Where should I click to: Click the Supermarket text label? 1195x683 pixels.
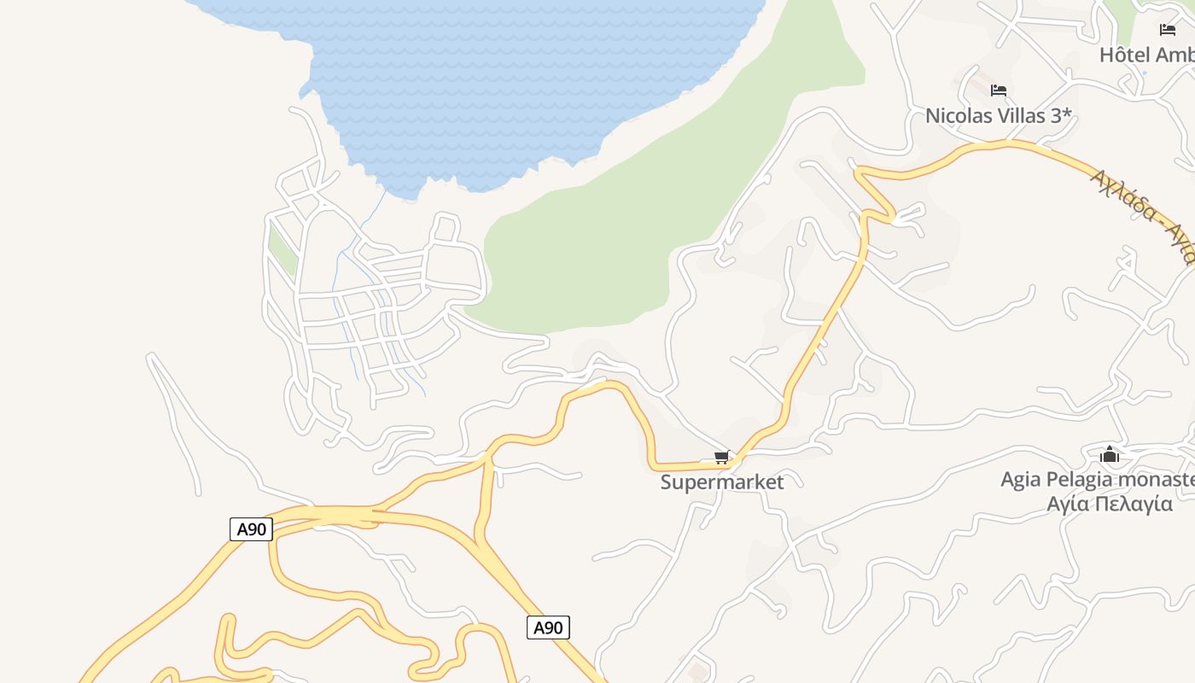721,482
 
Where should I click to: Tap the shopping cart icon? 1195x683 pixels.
722,458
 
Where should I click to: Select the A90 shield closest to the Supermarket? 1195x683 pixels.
547,628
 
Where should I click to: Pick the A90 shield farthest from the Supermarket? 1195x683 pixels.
251,529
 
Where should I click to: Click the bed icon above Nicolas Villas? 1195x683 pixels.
999,90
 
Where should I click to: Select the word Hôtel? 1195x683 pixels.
1124,55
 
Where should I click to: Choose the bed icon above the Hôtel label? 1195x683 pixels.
1168,30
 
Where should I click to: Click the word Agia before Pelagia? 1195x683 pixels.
1020,480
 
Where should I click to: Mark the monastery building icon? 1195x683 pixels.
1110,454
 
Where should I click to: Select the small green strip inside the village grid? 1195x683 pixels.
283,247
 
